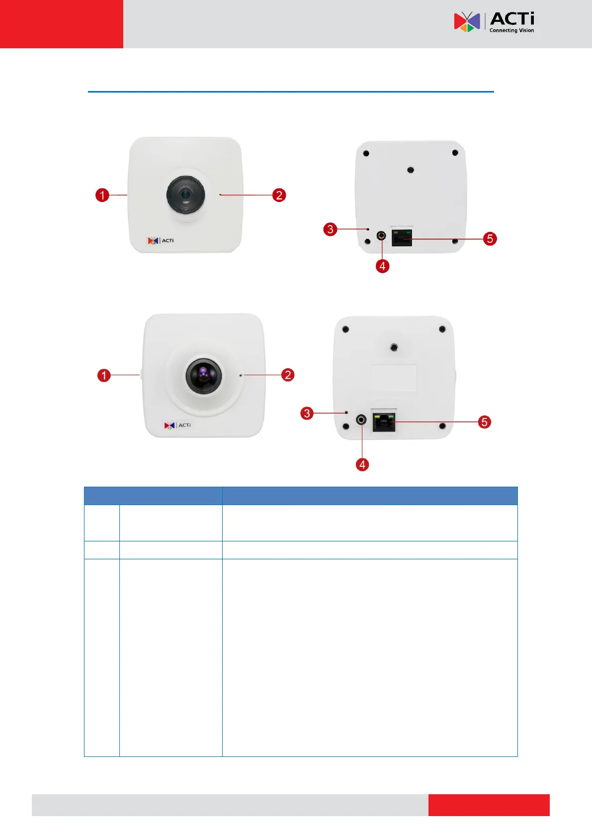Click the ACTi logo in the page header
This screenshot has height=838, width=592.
[494, 22]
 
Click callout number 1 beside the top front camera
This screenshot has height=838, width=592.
[102, 195]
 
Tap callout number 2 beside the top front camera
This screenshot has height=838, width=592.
[279, 195]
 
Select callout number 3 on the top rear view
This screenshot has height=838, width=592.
[330, 229]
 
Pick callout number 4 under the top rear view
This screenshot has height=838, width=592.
[382, 266]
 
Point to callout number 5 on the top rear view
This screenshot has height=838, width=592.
[490, 239]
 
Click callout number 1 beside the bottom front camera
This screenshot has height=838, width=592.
[104, 375]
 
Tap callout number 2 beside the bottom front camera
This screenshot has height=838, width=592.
[288, 375]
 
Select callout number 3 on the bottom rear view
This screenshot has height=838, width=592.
[307, 413]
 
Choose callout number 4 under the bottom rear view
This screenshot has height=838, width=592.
[362, 465]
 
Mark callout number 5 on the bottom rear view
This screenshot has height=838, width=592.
[484, 422]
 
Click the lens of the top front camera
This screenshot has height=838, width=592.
[185, 194]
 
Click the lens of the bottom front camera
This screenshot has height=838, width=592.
[204, 375]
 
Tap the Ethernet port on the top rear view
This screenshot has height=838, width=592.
[402, 238]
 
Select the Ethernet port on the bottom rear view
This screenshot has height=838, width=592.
[383, 423]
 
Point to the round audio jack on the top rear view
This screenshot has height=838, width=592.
[381, 235]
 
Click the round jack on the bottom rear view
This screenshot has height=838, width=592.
[361, 420]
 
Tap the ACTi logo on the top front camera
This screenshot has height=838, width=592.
[161, 241]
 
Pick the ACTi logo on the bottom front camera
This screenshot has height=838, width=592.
[177, 425]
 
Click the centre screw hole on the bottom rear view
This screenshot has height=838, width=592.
[394, 347]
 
